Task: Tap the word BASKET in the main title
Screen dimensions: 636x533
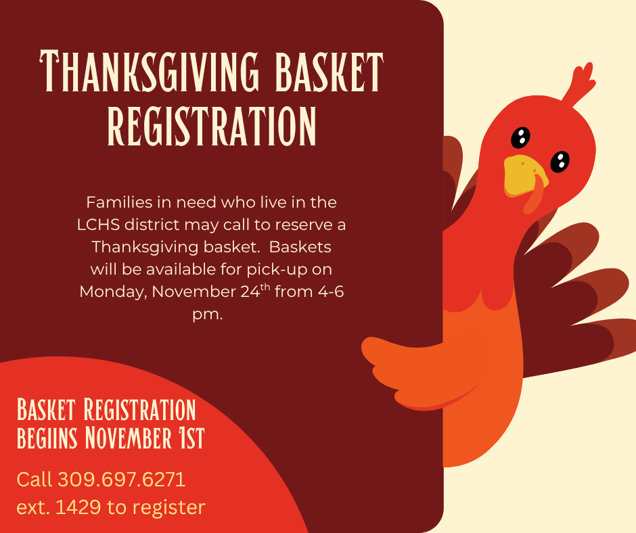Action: tap(329, 72)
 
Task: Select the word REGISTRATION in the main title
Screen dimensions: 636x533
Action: tap(212, 126)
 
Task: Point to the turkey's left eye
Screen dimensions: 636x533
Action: tap(520, 137)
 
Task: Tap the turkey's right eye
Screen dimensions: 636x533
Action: tap(560, 162)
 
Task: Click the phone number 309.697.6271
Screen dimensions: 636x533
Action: tap(122, 480)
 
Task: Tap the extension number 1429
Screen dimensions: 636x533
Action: tap(78, 507)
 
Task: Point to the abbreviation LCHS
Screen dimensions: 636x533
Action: tap(99, 225)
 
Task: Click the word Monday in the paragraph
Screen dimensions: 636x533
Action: tap(113, 292)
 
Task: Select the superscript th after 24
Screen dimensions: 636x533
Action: tap(265, 287)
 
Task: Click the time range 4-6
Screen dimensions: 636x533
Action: tap(331, 292)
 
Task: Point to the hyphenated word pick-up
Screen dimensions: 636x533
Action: tap(277, 270)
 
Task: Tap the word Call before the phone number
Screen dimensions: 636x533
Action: tap(35, 480)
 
